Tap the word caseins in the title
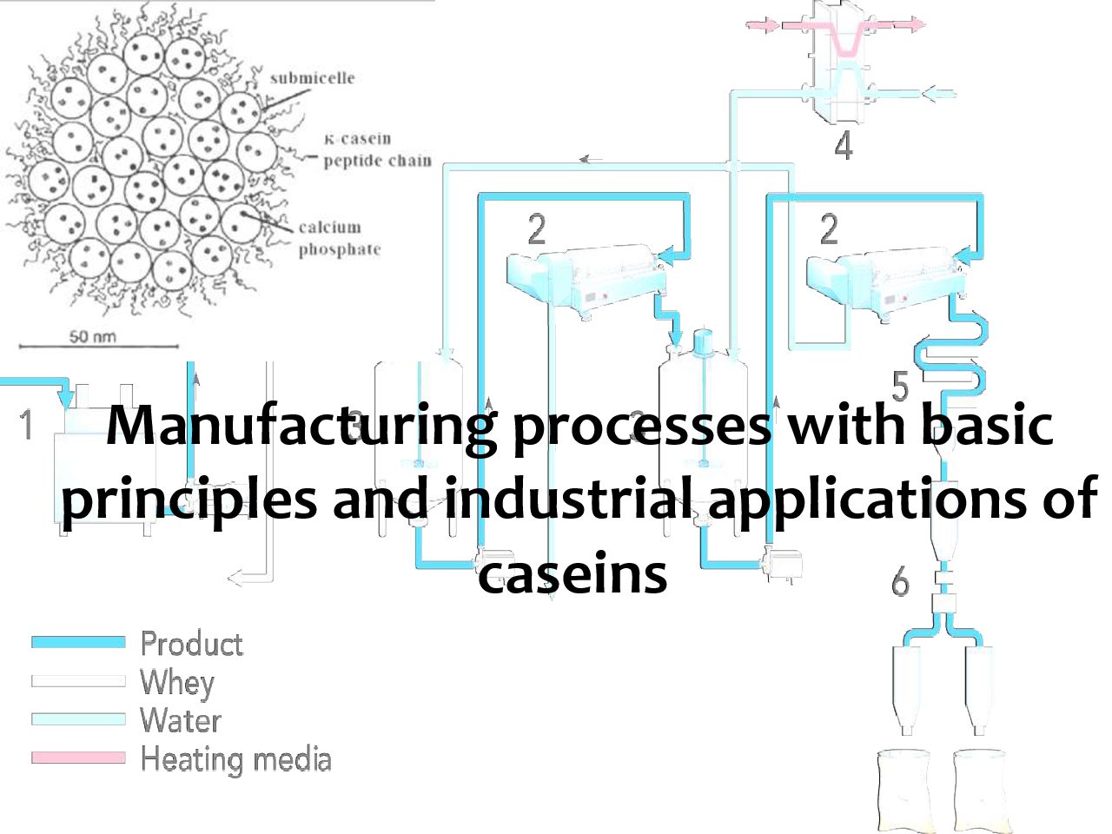pyautogui.click(x=573, y=573)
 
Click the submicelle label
pyautogui.click(x=312, y=78)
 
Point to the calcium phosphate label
pyautogui.click(x=340, y=239)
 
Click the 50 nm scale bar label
pyautogui.click(x=92, y=336)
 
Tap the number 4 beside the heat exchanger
pyautogui.click(x=844, y=145)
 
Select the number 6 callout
pyautogui.click(x=900, y=581)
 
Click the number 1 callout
pyautogui.click(x=27, y=425)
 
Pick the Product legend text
pyautogui.click(x=191, y=644)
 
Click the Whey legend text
pyautogui.click(x=177, y=683)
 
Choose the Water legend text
pyautogui.click(x=181, y=720)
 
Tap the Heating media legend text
pyautogui.click(x=235, y=759)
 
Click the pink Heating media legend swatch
pyautogui.click(x=78, y=758)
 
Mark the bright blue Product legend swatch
pyautogui.click(x=78, y=642)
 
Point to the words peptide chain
pyautogui.click(x=377, y=161)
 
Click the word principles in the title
pyautogui.click(x=189, y=500)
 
